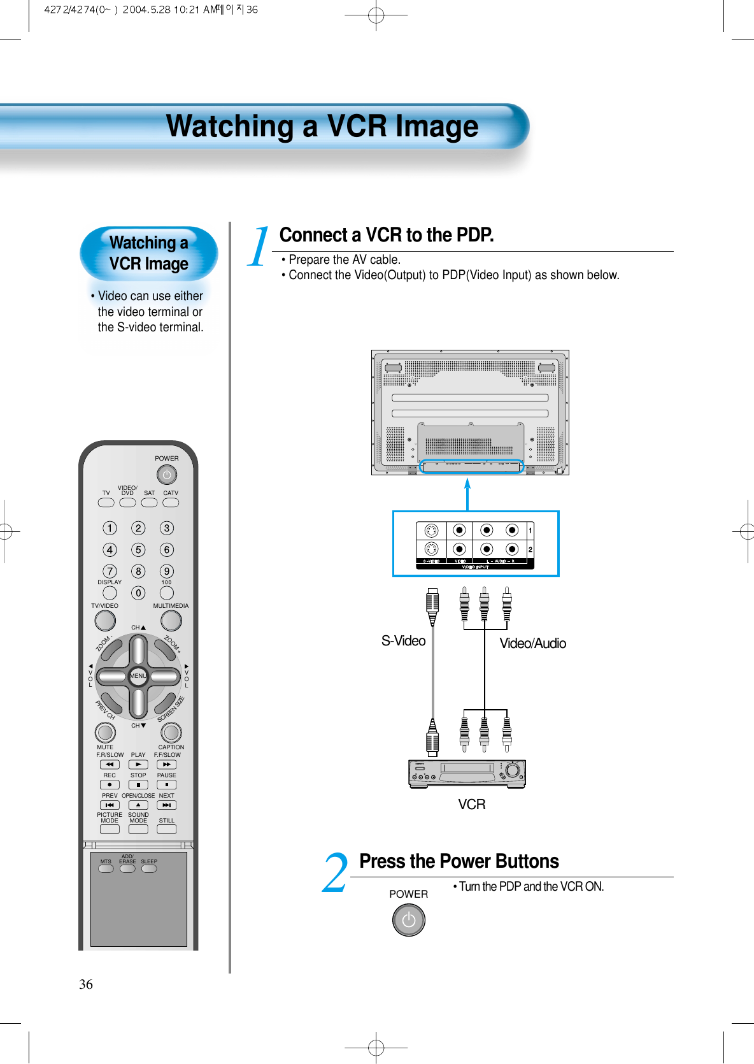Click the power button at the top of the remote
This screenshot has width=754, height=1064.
166,475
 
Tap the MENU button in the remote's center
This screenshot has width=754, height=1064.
138,676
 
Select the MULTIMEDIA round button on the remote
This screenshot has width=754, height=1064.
171,620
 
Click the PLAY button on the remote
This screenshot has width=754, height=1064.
138,765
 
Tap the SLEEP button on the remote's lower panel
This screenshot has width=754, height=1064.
149,868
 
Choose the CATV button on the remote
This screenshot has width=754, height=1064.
171,503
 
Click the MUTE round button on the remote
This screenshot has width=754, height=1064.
105,733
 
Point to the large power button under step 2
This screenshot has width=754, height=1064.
408,920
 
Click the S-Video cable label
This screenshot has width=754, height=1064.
403,641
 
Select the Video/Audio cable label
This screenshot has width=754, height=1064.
532,643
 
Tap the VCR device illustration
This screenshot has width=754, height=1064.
467,773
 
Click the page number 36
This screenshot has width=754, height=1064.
86,984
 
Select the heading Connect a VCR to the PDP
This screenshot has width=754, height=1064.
387,235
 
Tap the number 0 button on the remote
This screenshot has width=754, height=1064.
138,593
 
